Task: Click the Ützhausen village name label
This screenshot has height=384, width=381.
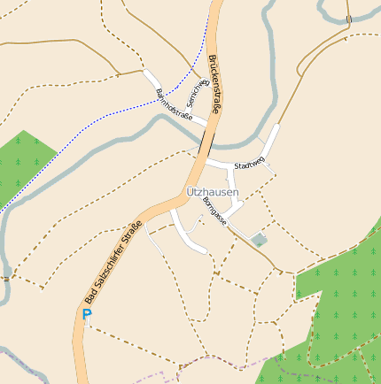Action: [213, 192]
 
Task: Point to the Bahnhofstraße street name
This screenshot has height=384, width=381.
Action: [174, 104]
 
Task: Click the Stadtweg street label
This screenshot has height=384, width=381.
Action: [249, 165]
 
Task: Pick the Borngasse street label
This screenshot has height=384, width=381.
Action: [214, 212]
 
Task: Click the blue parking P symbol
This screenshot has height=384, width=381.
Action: [87, 314]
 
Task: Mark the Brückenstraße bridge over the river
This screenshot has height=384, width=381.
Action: [206, 142]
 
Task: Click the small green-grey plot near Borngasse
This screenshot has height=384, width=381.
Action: [258, 239]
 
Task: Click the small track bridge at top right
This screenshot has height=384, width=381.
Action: [348, 19]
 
